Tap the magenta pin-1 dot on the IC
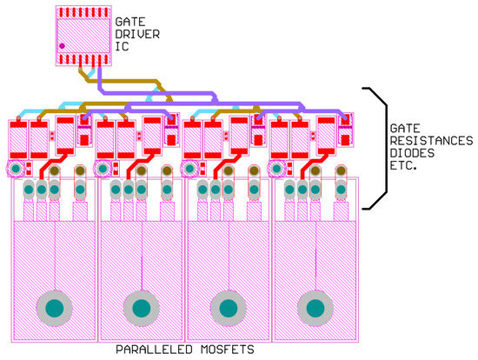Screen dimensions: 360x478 click(63, 44)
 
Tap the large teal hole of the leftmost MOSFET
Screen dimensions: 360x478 click(54, 307)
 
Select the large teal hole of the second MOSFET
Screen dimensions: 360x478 click(140, 307)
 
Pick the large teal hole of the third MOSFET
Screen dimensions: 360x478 click(228, 307)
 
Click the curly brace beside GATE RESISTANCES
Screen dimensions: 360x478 click(375, 148)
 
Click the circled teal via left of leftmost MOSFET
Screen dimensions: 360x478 click(16, 167)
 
